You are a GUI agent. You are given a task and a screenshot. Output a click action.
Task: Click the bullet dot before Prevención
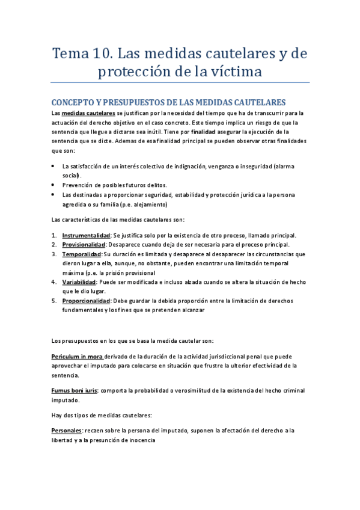54,185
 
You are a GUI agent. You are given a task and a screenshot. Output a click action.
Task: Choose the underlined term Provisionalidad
84,244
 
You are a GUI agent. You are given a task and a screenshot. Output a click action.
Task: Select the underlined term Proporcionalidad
86,300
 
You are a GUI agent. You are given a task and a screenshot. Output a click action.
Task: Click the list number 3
54,254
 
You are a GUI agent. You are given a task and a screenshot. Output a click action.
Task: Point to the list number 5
54,300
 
